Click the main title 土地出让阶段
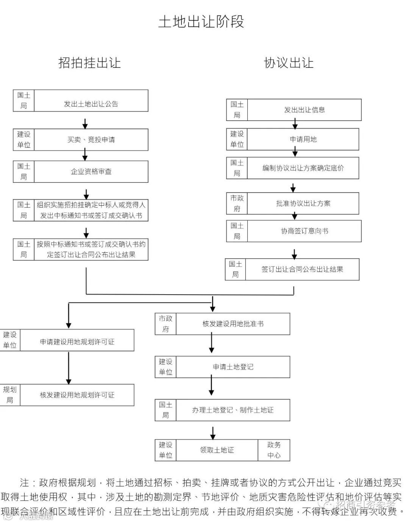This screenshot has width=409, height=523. tap(201, 22)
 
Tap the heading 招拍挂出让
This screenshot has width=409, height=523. tap(89, 63)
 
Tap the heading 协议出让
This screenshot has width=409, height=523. tap(289, 63)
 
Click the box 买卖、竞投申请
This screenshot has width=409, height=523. tap(91, 140)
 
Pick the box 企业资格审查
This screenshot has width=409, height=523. tap(91, 172)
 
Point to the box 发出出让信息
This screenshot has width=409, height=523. tap(304, 110)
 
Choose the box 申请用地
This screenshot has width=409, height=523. tap(303, 139)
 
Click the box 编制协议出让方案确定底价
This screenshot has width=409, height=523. tap(303, 168)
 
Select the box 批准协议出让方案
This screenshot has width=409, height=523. tap(303, 204)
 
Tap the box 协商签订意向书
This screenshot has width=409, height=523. tap(304, 231)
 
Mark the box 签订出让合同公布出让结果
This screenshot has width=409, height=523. tap(302, 269)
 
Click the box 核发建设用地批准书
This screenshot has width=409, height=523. tap(233, 324)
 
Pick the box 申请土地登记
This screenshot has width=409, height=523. tap(233, 367)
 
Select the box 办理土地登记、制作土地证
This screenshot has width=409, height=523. tap(233, 410)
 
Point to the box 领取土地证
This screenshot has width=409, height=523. tap(217, 450)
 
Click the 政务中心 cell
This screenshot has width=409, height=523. tap(274, 450)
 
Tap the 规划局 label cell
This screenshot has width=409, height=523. tap(10, 395)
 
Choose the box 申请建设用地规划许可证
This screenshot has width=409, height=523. tap(77, 342)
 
